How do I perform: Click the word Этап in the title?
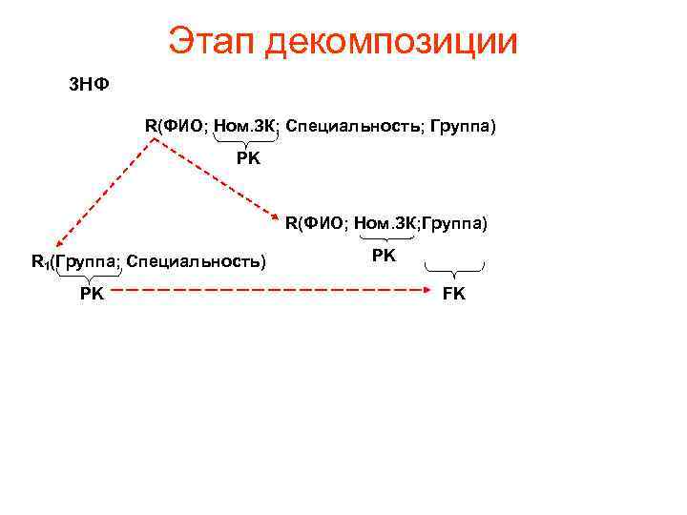(x=209, y=41)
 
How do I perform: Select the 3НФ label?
(x=89, y=85)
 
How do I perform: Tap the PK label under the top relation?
(x=248, y=158)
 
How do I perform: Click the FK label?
(x=454, y=294)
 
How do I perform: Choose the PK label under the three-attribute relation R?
(x=384, y=256)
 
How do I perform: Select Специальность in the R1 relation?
(x=195, y=260)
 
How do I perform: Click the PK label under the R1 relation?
(x=93, y=294)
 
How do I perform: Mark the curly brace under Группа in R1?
(x=84, y=276)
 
